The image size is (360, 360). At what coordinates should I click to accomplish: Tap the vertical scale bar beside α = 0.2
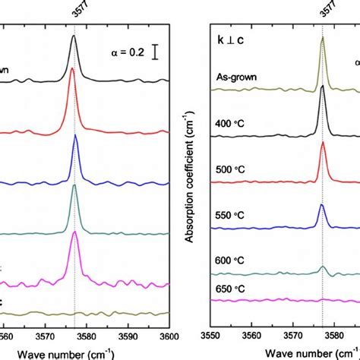pyautogui.click(x=156, y=51)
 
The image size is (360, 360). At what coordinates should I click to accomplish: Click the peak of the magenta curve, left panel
pyautogui.click(x=74, y=233)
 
